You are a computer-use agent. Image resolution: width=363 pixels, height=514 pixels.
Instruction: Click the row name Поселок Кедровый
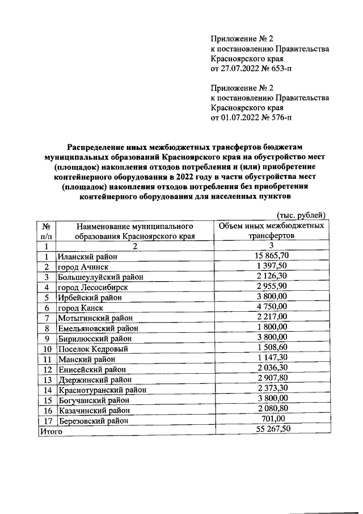[x=93, y=349]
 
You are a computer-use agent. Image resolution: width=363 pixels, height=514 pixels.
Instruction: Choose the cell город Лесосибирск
[x=92, y=287]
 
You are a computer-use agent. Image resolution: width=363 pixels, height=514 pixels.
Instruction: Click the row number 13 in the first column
[x=48, y=379]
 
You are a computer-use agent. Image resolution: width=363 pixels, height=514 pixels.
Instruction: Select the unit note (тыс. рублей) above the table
[x=301, y=214]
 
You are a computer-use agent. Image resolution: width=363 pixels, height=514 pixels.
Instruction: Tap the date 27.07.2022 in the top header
[x=238, y=69]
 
